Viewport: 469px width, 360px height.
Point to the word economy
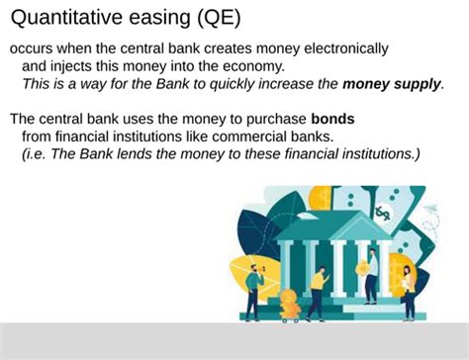tap(255, 66)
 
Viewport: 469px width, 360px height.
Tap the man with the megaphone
tap(253, 287)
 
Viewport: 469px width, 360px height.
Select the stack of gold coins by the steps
tap(290, 302)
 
